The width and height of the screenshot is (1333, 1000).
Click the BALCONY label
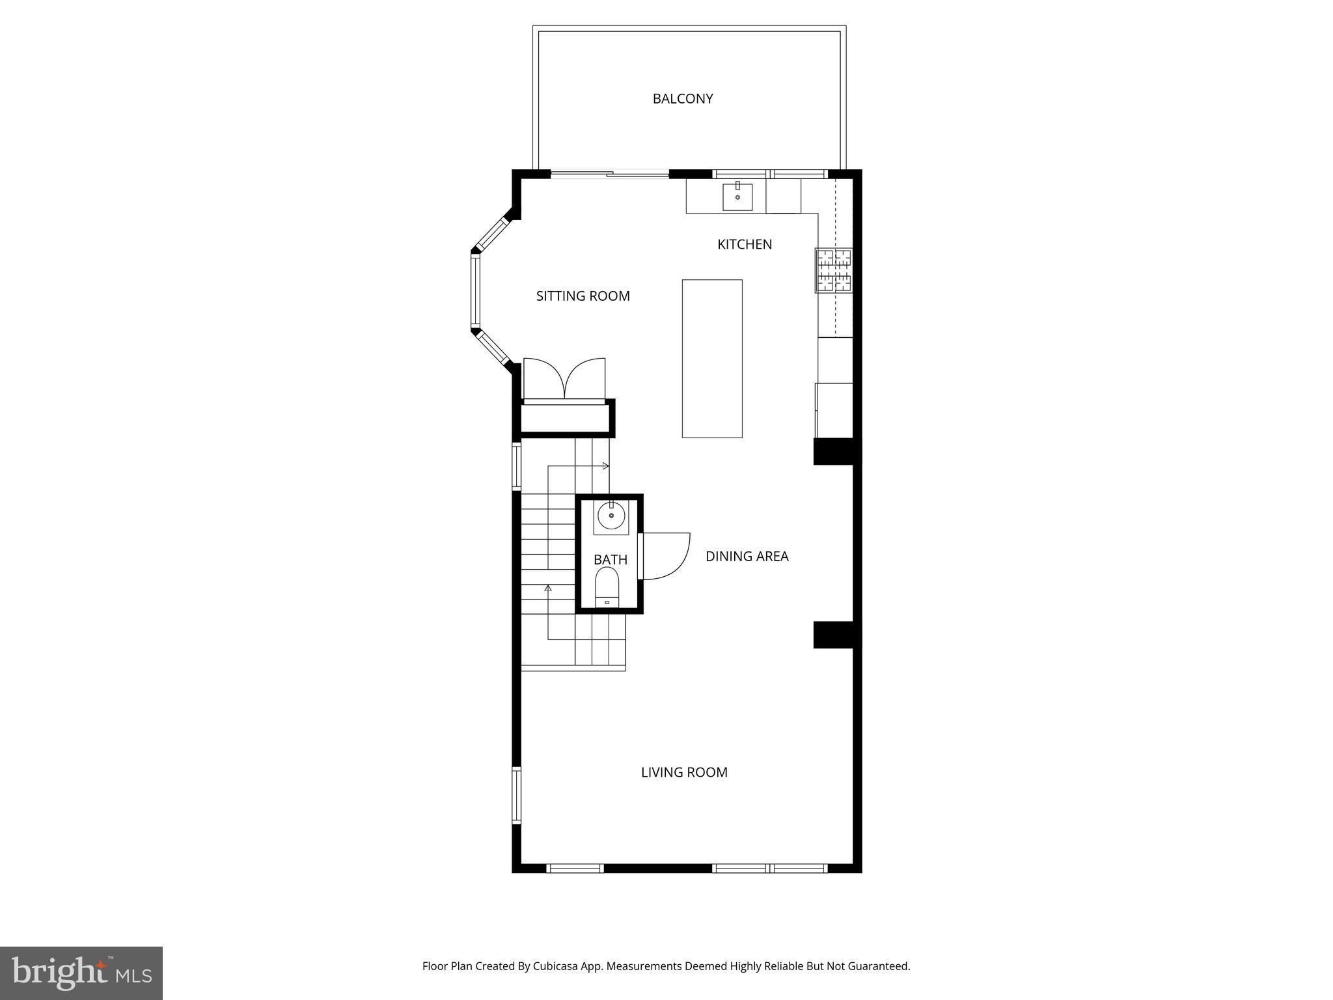[x=683, y=98]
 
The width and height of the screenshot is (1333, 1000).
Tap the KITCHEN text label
[x=745, y=244]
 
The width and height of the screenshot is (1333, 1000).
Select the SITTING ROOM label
[x=583, y=296]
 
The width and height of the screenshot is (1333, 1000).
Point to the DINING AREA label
[x=747, y=556]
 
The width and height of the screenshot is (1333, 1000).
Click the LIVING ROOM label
[x=684, y=772]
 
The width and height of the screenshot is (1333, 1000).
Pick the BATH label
[x=610, y=559]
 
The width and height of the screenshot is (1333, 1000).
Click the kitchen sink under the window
[x=737, y=196]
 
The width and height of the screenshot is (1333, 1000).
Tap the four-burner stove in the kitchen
[x=834, y=270]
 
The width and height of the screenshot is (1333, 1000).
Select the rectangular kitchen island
[x=712, y=358]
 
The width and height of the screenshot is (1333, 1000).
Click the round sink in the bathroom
[x=611, y=516]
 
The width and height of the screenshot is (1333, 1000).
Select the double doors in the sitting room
[x=564, y=380]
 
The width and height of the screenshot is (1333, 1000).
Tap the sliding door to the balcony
[x=610, y=174]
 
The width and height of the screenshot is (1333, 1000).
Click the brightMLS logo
[x=81, y=973]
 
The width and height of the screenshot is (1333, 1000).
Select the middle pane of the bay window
[x=475, y=290]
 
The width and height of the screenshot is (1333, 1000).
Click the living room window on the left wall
[x=517, y=796]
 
